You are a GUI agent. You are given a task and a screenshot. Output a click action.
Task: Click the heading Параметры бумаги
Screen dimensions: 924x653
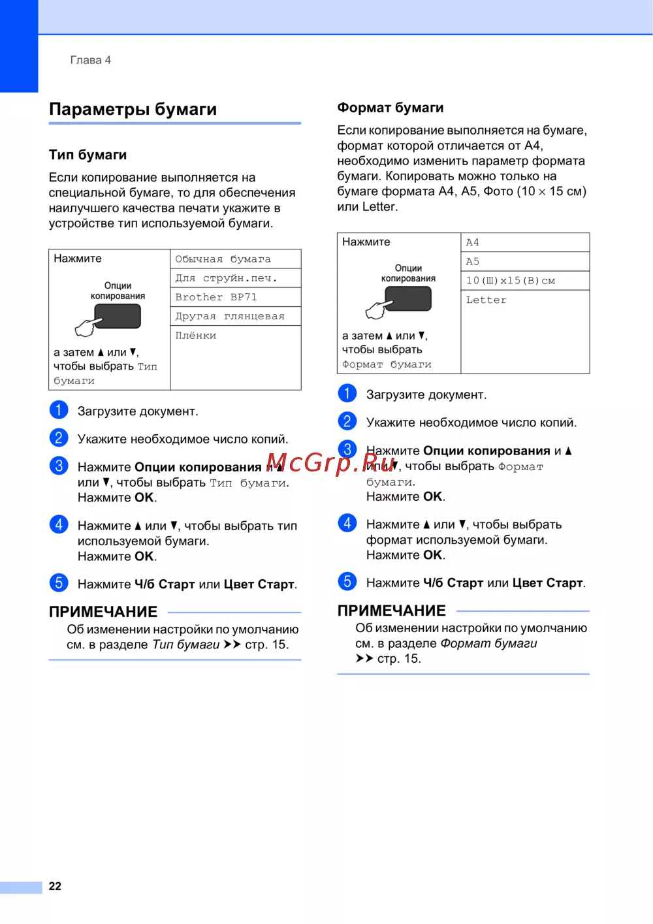coord(133,109)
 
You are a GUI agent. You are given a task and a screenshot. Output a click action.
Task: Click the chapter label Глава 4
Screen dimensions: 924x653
coord(90,60)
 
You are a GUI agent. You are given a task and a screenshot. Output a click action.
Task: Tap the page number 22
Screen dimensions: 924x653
coord(55,886)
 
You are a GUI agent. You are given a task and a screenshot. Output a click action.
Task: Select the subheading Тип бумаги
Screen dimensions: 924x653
coord(88,155)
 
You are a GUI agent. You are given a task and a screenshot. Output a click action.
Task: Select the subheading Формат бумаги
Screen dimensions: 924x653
coord(390,108)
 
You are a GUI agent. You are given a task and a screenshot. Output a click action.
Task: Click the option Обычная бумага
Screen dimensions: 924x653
coord(223,259)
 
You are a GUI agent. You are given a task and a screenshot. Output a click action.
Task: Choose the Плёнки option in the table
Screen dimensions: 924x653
coord(196,336)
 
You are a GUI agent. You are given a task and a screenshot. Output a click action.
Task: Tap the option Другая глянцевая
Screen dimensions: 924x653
coord(230,317)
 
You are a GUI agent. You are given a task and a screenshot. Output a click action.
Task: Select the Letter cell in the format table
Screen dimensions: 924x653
coord(486,300)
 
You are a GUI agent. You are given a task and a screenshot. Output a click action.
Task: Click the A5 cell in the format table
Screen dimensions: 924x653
coord(473,262)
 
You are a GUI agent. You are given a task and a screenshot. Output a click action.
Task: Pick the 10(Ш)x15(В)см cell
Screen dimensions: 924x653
coord(510,281)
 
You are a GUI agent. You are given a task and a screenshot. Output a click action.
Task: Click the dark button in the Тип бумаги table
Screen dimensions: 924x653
coord(118,317)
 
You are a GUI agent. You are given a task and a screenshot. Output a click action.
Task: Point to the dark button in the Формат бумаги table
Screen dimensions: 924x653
coord(408,298)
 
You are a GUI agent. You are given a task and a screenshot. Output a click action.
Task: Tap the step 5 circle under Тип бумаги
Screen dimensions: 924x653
coord(59,582)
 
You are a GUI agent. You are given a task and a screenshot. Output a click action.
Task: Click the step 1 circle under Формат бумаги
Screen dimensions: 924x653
coord(347,393)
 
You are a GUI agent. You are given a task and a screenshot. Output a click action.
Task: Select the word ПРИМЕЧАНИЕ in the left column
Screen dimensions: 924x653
coord(103,612)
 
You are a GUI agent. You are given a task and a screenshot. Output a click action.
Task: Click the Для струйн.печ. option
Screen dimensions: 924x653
coord(226,278)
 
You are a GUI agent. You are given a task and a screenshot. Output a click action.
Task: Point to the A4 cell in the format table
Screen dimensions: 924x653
coord(473,243)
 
